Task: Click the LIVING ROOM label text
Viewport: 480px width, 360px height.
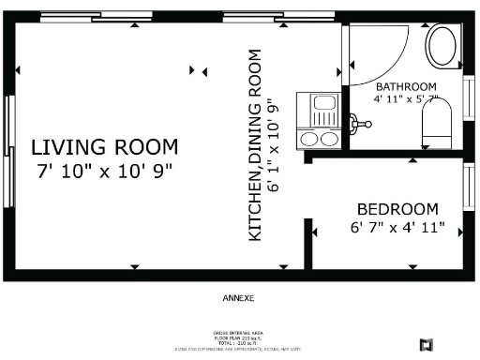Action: pyautogui.click(x=105, y=147)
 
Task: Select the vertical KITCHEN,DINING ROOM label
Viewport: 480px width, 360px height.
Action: pyautogui.click(x=255, y=146)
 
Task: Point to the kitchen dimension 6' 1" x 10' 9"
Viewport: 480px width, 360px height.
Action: pyautogui.click(x=274, y=146)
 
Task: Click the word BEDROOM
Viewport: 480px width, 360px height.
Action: pyautogui.click(x=397, y=209)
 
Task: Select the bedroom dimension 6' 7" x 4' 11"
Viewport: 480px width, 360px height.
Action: pyautogui.click(x=397, y=228)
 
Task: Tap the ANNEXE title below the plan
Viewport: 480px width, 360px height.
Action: pyautogui.click(x=238, y=299)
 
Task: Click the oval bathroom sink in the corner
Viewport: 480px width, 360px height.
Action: pyautogui.click(x=441, y=45)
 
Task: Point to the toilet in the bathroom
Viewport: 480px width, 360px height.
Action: pyautogui.click(x=437, y=126)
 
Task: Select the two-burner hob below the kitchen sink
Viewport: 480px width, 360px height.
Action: pyautogui.click(x=320, y=139)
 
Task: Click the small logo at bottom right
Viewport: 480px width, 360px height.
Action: pyautogui.click(x=426, y=344)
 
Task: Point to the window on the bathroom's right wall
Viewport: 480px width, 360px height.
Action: pyautogui.click(x=469, y=95)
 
